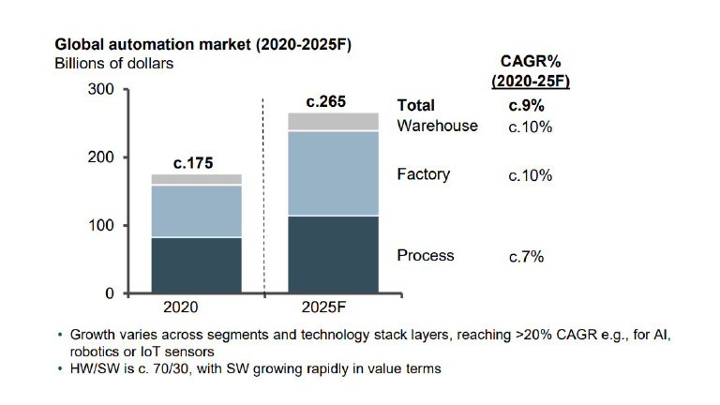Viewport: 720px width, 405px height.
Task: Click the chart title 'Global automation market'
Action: point(169,44)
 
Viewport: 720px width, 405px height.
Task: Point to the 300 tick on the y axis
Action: point(100,90)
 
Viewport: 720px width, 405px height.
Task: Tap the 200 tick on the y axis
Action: point(100,157)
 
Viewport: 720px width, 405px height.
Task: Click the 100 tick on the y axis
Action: point(100,226)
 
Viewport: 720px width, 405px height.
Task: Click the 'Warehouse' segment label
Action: point(437,126)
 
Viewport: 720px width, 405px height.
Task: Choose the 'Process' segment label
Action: point(426,255)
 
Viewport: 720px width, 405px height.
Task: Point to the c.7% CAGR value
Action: point(526,255)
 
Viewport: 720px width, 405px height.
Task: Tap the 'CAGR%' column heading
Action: point(531,62)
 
